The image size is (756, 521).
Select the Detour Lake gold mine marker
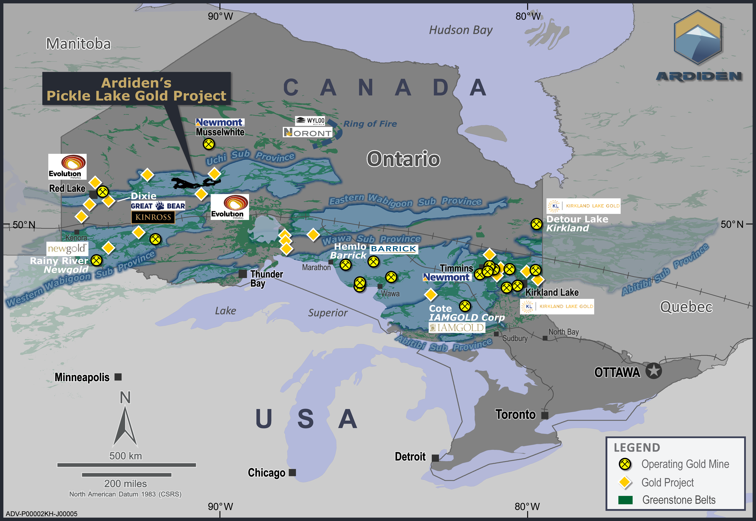click(x=536, y=224)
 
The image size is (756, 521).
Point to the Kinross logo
click(x=153, y=217)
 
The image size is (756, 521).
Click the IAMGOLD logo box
click(x=457, y=327)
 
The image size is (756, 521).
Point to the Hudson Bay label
click(x=460, y=30)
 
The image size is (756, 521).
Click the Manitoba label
click(x=78, y=44)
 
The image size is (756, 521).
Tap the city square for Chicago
click(x=292, y=472)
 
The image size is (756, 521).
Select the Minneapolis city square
click(x=118, y=377)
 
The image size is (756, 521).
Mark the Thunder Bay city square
click(x=242, y=274)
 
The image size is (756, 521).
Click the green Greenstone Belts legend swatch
click(x=625, y=500)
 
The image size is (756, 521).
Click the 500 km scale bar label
click(x=126, y=456)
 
